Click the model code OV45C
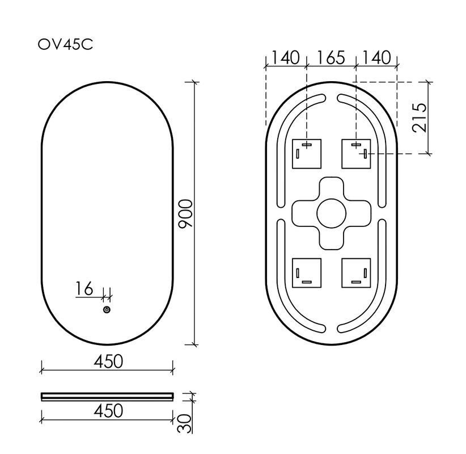(x=65, y=44)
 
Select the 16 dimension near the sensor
(x=84, y=289)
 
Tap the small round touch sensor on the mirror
(x=106, y=310)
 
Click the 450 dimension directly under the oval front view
(x=107, y=361)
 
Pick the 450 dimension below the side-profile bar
(x=107, y=410)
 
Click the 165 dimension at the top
(x=331, y=58)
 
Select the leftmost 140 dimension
(x=286, y=58)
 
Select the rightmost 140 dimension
(x=376, y=58)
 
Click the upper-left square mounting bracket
(x=307, y=154)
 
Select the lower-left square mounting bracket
(x=307, y=273)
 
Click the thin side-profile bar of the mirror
(x=107, y=395)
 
